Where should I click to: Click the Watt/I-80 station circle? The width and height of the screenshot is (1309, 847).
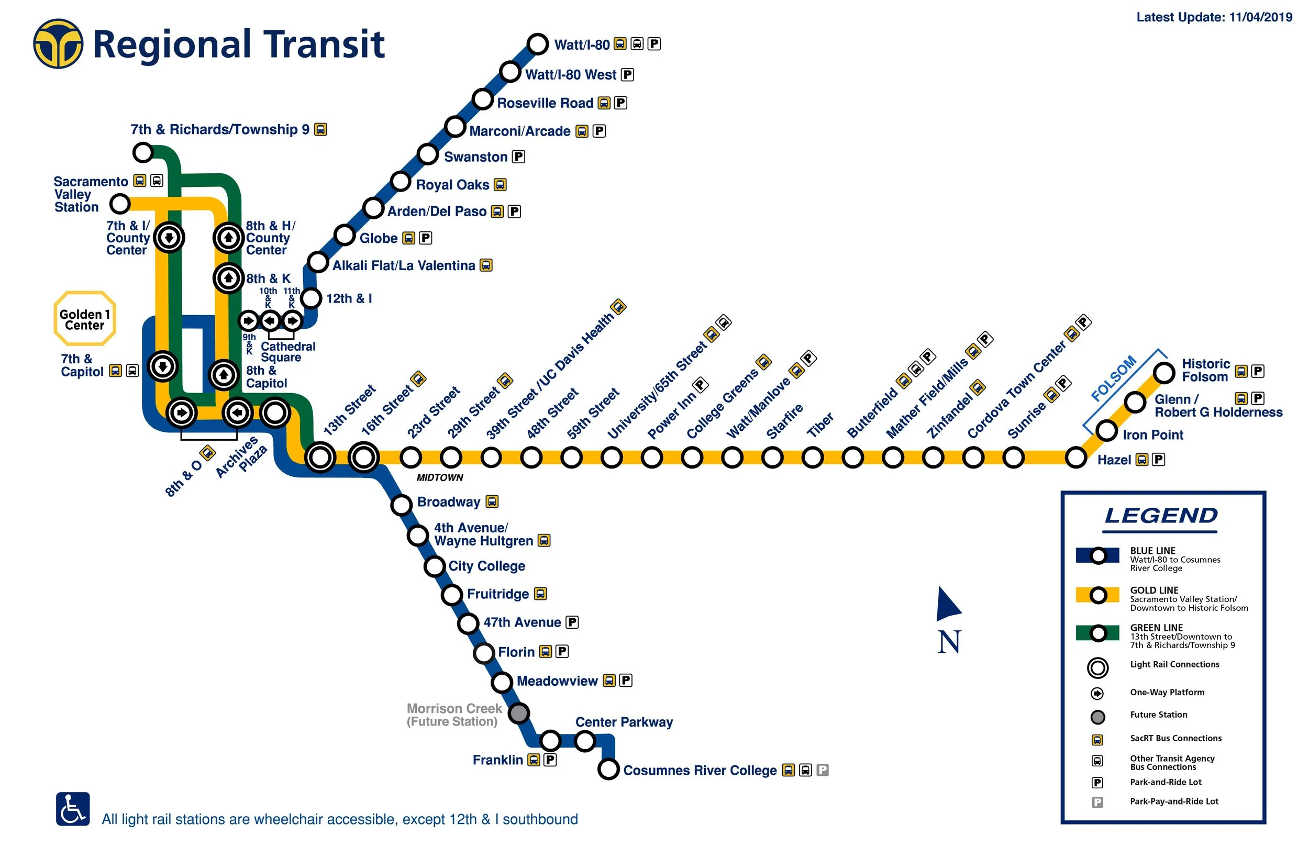[537, 43]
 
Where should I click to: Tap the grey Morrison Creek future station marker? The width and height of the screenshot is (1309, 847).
[518, 713]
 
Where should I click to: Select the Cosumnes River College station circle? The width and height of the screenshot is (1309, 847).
[608, 768]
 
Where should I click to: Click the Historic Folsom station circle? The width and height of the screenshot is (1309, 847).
[1164, 372]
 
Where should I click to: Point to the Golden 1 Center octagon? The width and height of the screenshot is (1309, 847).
[85, 319]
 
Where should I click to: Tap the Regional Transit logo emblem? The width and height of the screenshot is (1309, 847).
[58, 44]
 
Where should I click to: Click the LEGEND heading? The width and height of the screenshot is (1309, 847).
[1160, 516]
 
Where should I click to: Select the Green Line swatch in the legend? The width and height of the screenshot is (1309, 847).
[1097, 633]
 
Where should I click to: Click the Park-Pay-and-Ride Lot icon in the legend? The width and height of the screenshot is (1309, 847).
[1097, 802]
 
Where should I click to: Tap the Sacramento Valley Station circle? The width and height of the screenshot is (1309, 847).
[119, 204]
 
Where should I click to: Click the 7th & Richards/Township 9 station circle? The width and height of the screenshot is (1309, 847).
[143, 152]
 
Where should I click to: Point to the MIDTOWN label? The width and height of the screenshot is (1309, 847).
[439, 477]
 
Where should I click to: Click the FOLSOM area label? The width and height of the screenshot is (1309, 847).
[1113, 378]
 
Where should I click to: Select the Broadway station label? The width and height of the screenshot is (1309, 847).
[448, 501]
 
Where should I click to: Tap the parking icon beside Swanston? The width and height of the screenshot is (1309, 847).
[518, 157]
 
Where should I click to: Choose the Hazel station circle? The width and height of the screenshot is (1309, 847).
[1075, 457]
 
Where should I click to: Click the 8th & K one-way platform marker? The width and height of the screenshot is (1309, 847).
[228, 278]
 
